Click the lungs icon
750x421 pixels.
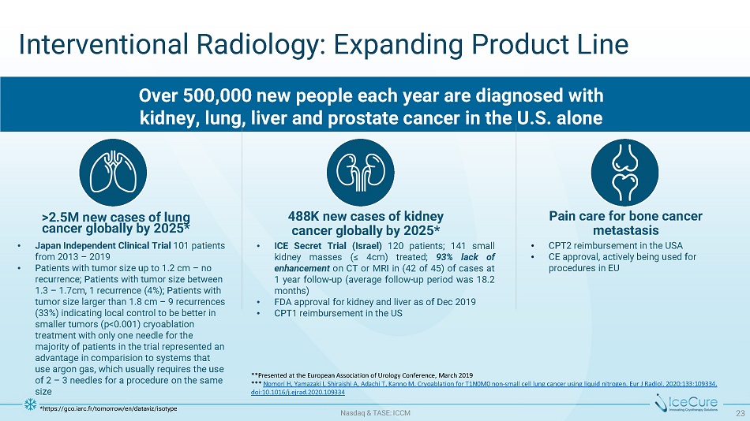(113, 173)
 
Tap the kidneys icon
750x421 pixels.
(361, 173)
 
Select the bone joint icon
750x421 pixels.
(624, 173)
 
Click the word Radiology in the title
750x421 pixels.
(258, 45)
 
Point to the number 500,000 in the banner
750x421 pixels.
(219, 95)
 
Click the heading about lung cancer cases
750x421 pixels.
(116, 222)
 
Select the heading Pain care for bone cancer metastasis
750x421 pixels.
(625, 223)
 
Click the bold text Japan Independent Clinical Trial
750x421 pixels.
(103, 246)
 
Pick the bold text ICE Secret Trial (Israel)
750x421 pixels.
(328, 246)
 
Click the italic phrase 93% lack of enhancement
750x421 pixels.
(384, 263)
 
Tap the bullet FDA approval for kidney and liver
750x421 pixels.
(375, 302)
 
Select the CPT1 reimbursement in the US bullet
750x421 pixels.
(338, 314)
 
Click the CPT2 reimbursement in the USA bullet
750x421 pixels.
(616, 246)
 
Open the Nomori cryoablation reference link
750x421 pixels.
(484, 388)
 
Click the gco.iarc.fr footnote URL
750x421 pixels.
(110, 408)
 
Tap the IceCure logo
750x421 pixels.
(686, 403)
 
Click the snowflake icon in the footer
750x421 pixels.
(30, 404)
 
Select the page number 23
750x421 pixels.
(741, 413)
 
